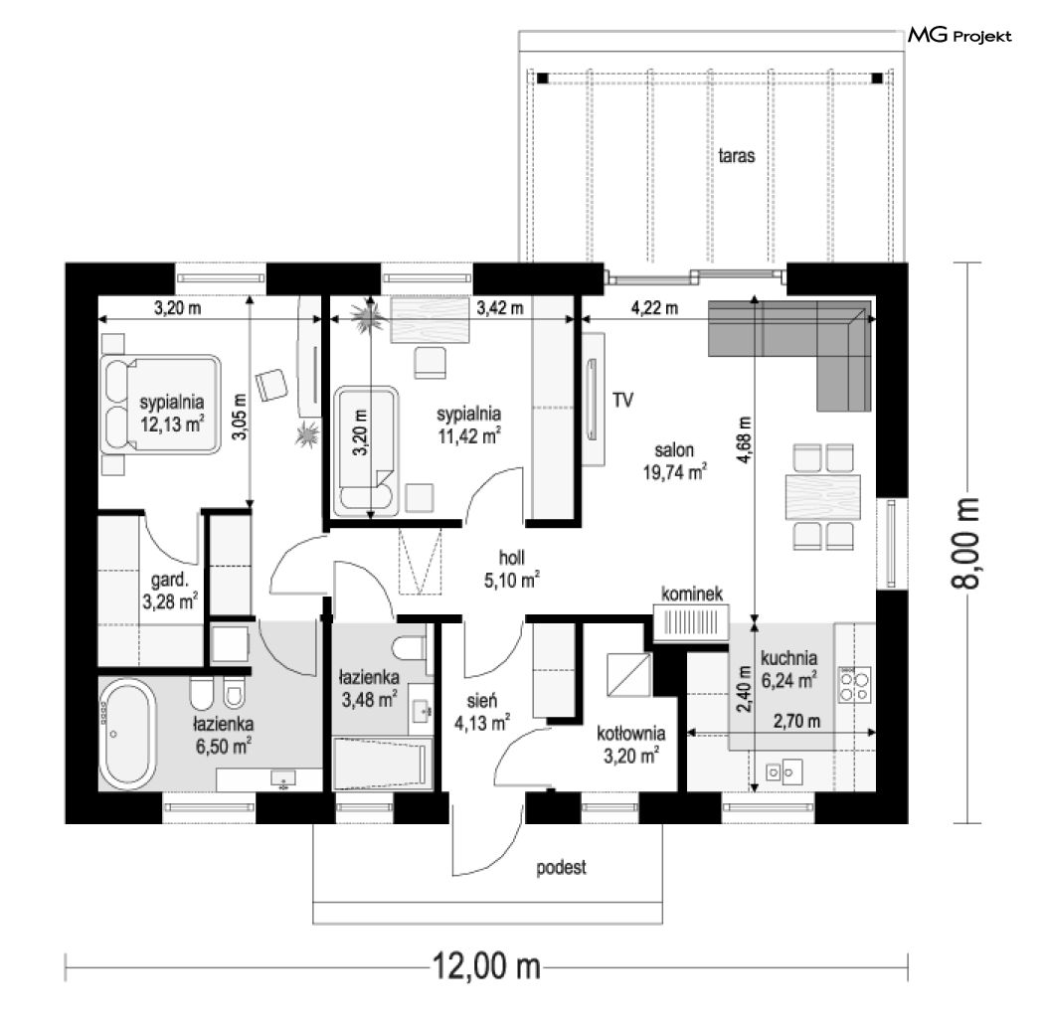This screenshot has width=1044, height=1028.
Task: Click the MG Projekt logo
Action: (x=959, y=35)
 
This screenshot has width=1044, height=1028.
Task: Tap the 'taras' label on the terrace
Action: (x=737, y=156)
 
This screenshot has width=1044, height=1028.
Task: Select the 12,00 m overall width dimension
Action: (x=486, y=965)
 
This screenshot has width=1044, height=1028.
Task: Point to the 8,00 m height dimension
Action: (x=965, y=543)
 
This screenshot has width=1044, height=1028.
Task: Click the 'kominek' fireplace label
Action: (x=692, y=594)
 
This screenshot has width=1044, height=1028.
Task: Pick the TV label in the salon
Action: (x=622, y=400)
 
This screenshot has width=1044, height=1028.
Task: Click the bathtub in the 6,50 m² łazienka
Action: (x=127, y=734)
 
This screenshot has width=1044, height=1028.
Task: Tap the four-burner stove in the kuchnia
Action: (x=854, y=686)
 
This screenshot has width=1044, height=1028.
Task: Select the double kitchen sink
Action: (x=783, y=772)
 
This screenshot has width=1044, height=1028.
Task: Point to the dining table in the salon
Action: (x=823, y=497)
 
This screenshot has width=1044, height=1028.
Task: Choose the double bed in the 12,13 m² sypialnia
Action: (x=160, y=405)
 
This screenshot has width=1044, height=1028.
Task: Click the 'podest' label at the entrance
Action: (x=562, y=868)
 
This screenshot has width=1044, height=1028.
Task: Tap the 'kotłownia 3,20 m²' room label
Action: (x=630, y=745)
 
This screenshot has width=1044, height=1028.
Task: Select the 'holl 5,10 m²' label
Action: (x=511, y=570)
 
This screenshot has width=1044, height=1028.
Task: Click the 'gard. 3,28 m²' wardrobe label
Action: (x=170, y=591)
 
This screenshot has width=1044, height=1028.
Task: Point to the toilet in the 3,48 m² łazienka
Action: (x=409, y=647)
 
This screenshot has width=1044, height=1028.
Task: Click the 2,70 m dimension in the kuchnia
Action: (x=797, y=721)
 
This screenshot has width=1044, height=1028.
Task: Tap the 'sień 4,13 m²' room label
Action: (x=482, y=712)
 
